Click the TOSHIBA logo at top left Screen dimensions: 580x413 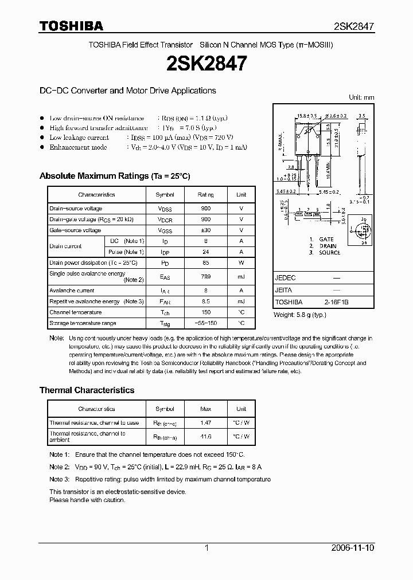[x=71, y=26]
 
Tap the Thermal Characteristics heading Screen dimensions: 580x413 [x=87, y=390]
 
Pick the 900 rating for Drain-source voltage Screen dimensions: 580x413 [x=206, y=209]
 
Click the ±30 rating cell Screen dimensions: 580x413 [x=206, y=230]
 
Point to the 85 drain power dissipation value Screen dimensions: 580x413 [x=206, y=262]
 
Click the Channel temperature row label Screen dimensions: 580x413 [x=75, y=312]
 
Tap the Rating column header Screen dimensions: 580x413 [x=206, y=195]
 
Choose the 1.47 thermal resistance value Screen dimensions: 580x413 [x=206, y=423]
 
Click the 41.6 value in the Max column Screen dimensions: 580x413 [x=206, y=437]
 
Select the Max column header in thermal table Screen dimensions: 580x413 [x=206, y=409]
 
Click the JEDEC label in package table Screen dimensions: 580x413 [x=285, y=277]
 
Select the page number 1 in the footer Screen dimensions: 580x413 [x=206, y=548]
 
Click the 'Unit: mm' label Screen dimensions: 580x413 [x=361, y=97]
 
